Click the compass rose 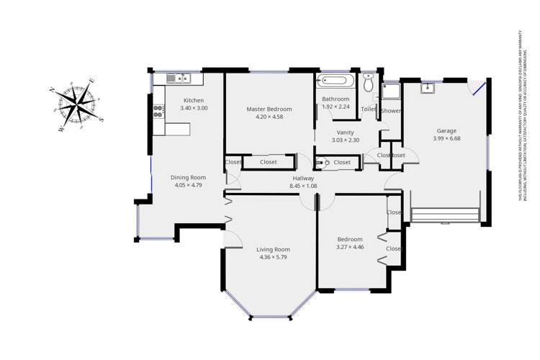[x=76, y=104]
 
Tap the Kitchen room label [x=194, y=100]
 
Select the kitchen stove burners [x=158, y=112]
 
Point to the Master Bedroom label [x=269, y=109]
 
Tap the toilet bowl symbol [x=369, y=84]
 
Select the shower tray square [x=391, y=90]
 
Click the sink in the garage [x=427, y=88]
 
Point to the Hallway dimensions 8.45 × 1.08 [x=302, y=186]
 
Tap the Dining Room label [x=188, y=177]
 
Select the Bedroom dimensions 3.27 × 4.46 [x=350, y=247]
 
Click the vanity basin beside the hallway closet [x=326, y=163]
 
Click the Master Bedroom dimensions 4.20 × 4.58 [x=269, y=117]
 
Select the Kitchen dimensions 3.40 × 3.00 [x=194, y=108]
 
